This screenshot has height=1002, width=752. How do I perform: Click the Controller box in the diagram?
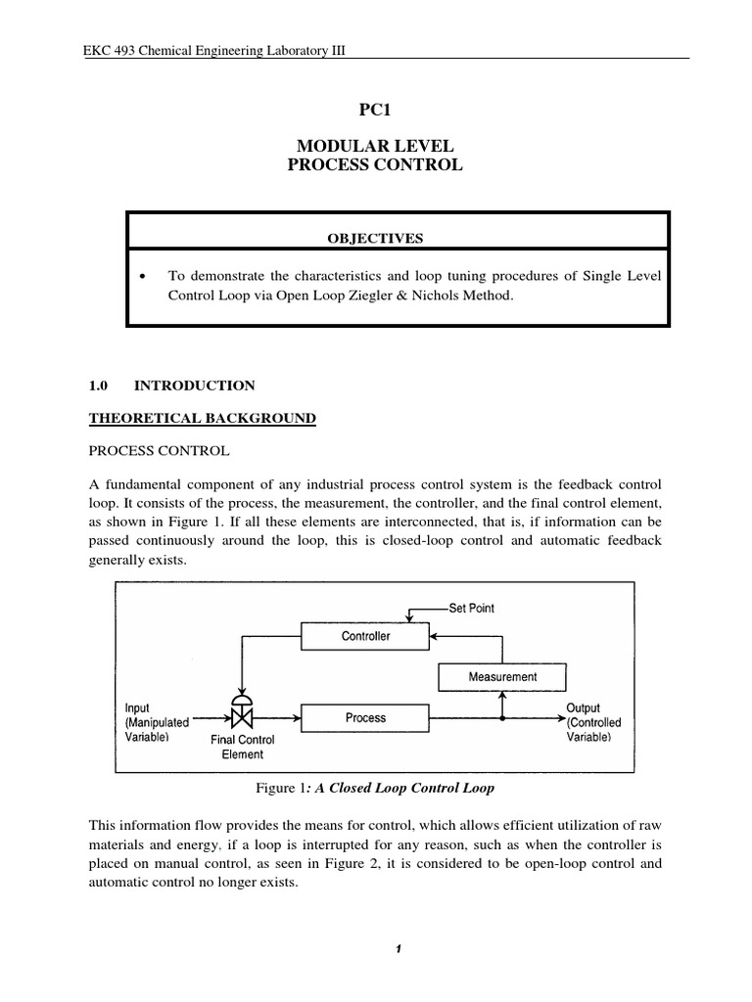tap(364, 636)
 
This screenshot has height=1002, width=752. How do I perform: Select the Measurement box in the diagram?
tap(502, 676)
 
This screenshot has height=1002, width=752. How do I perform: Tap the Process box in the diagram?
tap(364, 718)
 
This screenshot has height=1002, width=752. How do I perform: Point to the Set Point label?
tap(471, 608)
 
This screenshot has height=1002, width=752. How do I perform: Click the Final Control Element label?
tap(242, 748)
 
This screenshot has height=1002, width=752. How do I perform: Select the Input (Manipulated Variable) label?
tap(157, 722)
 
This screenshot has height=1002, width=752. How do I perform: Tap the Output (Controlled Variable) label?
tap(593, 722)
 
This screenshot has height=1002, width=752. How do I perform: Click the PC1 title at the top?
tap(375, 113)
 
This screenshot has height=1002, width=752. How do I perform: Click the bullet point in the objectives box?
tap(144, 277)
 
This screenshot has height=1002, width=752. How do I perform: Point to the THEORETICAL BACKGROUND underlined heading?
tap(203, 418)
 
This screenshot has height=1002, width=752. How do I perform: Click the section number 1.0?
tap(99, 386)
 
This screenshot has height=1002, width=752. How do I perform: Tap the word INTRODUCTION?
tap(194, 386)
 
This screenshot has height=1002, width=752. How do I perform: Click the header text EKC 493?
tap(108, 50)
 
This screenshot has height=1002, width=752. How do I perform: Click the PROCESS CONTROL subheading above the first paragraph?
tap(159, 451)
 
